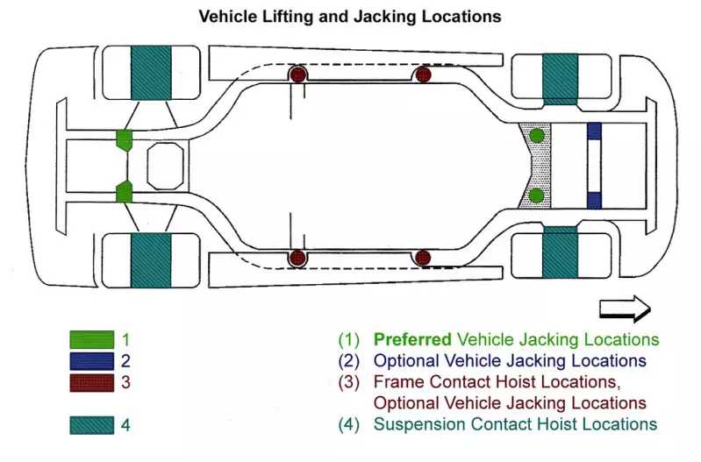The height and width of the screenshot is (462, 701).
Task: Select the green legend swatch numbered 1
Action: [91, 339]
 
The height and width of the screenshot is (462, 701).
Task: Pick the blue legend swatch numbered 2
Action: [91, 361]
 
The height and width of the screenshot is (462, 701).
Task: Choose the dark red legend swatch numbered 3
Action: [91, 382]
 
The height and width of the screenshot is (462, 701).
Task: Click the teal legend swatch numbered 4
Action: [91, 425]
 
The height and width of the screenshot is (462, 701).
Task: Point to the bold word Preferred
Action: [412, 339]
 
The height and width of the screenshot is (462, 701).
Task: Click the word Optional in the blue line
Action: [406, 361]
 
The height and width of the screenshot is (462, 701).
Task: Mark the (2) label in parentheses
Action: [348, 361]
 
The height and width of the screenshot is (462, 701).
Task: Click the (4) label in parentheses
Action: [348, 424]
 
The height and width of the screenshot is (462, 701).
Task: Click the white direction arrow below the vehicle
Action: [625, 309]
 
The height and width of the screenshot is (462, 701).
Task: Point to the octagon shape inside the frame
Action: [166, 166]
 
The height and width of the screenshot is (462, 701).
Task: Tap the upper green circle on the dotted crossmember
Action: [536, 135]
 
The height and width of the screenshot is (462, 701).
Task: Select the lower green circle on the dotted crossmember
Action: [536, 195]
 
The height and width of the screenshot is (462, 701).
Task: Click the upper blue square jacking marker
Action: [594, 131]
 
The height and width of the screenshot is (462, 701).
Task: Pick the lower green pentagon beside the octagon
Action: [124, 192]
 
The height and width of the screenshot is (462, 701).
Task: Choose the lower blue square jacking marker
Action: [594, 200]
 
